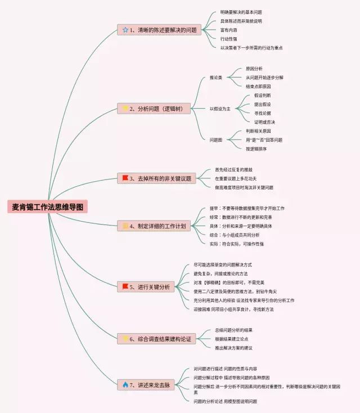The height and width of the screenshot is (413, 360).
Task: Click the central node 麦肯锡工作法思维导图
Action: pos(48,207)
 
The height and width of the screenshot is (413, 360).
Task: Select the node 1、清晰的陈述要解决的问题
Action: pos(159,30)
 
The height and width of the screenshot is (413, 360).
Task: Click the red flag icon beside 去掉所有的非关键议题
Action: pos(125,178)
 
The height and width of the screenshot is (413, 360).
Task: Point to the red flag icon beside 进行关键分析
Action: pos(125,287)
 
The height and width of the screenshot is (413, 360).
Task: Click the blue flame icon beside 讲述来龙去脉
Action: pos(125,385)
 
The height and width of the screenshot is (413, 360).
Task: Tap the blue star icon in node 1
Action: pos(125,30)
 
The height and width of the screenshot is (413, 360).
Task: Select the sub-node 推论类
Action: pos(216,77)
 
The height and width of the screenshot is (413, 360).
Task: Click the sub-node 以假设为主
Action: pos(220,108)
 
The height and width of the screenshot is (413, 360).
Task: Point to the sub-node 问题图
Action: pos(216,140)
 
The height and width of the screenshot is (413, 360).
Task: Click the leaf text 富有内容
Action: pos(229,30)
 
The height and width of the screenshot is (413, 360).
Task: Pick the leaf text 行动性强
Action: pos(229,39)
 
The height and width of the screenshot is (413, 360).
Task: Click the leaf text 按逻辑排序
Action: pos(259,149)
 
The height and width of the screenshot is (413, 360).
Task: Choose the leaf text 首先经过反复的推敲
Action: pos(233,169)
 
